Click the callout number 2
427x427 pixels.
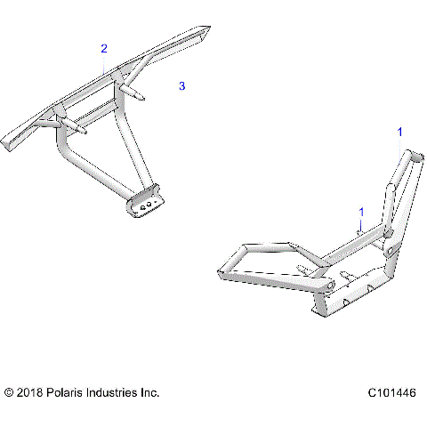[104, 48]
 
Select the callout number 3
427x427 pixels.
[181, 86]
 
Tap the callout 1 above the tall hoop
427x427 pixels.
[399, 132]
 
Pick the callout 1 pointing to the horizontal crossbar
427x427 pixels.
[361, 212]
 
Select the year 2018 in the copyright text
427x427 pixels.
[31, 392]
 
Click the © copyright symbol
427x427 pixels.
[9, 392]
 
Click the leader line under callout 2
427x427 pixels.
[105, 62]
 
